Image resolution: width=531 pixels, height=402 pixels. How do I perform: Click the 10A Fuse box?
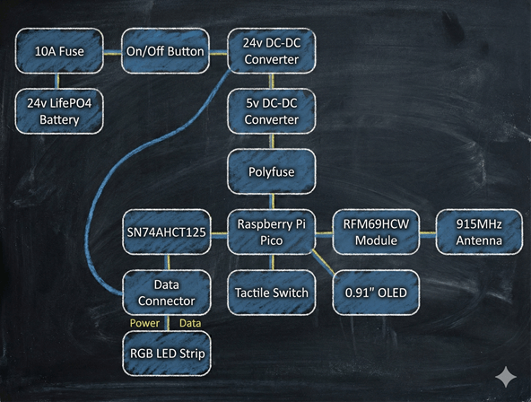click(59, 51)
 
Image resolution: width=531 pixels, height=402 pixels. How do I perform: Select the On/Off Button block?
click(166, 51)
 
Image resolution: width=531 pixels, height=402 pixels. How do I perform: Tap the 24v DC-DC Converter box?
click(272, 51)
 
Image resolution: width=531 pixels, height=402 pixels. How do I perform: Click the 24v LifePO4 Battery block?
click(59, 110)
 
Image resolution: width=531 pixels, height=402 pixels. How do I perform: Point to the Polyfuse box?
click(272, 170)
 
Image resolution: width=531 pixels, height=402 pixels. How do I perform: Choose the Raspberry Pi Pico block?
click(272, 232)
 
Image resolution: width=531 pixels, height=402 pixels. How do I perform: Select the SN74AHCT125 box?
click(166, 232)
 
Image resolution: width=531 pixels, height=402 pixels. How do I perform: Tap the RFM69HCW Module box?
click(377, 232)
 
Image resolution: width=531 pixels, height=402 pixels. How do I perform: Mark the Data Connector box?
click(166, 292)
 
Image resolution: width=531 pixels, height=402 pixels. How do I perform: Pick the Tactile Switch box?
click(272, 292)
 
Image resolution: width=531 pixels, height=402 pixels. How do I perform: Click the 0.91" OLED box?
click(377, 292)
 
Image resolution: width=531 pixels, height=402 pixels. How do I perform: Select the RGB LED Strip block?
click(166, 353)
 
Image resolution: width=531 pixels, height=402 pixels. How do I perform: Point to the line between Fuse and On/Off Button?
click(112, 51)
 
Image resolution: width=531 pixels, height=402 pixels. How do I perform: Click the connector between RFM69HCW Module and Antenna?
click(429, 232)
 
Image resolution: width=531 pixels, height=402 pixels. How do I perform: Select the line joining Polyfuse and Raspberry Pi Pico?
click(272, 202)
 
